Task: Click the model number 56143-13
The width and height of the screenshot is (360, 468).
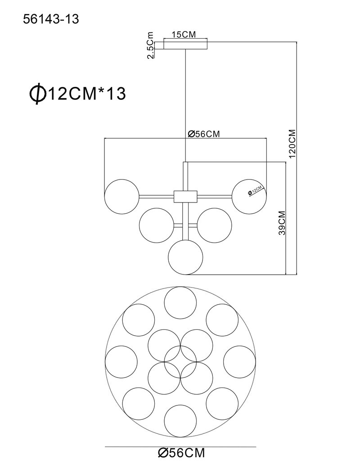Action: [51, 19]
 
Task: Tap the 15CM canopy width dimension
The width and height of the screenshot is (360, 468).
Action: [184, 34]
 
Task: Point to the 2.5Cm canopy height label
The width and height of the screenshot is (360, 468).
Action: [151, 45]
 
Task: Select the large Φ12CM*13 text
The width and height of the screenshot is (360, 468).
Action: [77, 94]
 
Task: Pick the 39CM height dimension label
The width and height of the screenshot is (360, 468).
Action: [282, 223]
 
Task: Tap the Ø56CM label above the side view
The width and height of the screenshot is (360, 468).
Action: [203, 134]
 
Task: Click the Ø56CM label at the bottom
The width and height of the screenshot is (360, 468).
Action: [181, 453]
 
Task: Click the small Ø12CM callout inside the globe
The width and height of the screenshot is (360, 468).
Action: [256, 190]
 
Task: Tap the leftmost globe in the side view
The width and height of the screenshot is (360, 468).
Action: [122, 196]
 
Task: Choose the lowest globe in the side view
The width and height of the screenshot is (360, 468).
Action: [185, 257]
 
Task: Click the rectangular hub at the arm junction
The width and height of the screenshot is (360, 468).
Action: [185, 196]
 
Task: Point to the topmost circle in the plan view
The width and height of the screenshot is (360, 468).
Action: [180, 303]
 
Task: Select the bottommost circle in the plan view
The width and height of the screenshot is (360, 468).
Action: [180, 421]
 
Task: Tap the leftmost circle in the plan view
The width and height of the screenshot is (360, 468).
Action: [121, 362]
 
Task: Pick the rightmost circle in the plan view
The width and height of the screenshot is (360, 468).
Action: [239, 362]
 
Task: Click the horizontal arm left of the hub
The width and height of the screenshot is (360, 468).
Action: [157, 196]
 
